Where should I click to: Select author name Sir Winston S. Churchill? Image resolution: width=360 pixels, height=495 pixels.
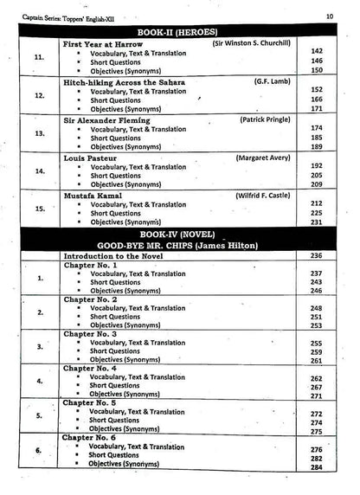coord(251,42)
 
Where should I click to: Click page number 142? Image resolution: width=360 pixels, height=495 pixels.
coord(317,51)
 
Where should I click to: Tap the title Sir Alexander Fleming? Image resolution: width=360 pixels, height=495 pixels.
coord(106,120)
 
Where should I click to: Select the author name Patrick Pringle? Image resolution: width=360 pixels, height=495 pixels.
coord(262,119)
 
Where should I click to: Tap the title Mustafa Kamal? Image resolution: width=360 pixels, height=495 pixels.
coord(92,196)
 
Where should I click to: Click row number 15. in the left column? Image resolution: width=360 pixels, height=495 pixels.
coord(40,209)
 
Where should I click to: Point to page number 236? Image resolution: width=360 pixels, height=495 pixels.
coord(317,256)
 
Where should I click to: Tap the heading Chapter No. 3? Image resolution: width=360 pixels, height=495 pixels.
coord(96,333)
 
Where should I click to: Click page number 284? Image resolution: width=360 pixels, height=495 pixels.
coord(317,467)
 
